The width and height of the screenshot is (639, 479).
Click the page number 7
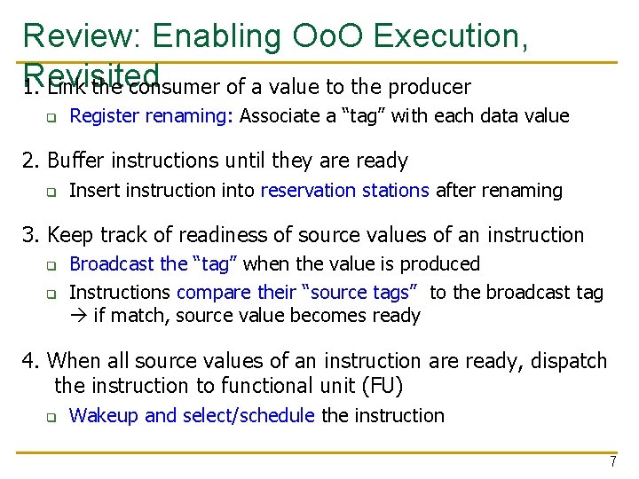click(612, 462)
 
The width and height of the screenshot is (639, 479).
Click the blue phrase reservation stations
click(345, 190)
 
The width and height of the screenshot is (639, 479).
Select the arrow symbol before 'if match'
click(78, 316)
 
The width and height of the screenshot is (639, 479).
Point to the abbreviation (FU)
click(383, 386)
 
